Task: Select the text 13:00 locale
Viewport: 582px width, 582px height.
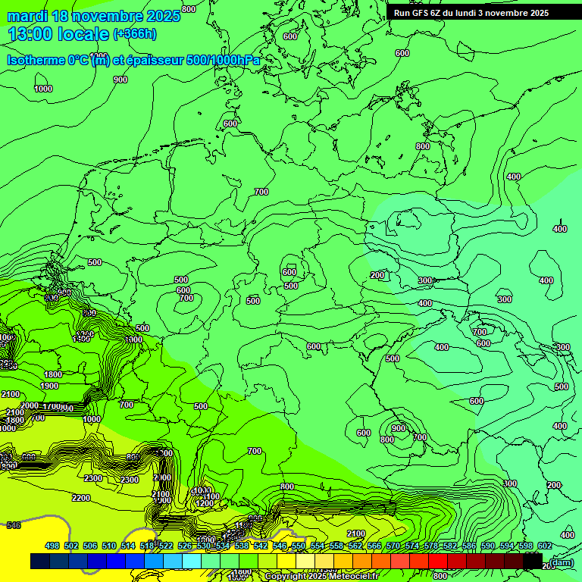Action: coord(59,33)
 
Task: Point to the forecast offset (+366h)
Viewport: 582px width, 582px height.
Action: coord(135,33)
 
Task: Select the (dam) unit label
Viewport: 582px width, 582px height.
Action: coord(561,562)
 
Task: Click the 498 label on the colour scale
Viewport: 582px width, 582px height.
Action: coord(52,546)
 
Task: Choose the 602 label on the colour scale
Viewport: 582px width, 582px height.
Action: coord(544,546)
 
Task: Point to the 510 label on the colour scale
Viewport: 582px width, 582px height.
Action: coord(108,546)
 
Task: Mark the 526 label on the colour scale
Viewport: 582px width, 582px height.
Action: coord(184,546)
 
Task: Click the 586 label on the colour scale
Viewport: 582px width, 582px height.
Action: coord(468,546)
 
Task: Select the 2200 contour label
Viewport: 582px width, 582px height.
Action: coord(80,497)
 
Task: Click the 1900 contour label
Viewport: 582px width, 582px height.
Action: coord(49,386)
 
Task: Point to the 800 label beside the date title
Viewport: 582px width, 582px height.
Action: coord(189,9)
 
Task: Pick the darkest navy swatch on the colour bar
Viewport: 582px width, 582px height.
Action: coord(40,562)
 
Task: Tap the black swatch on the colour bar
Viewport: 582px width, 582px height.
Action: coord(533,562)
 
